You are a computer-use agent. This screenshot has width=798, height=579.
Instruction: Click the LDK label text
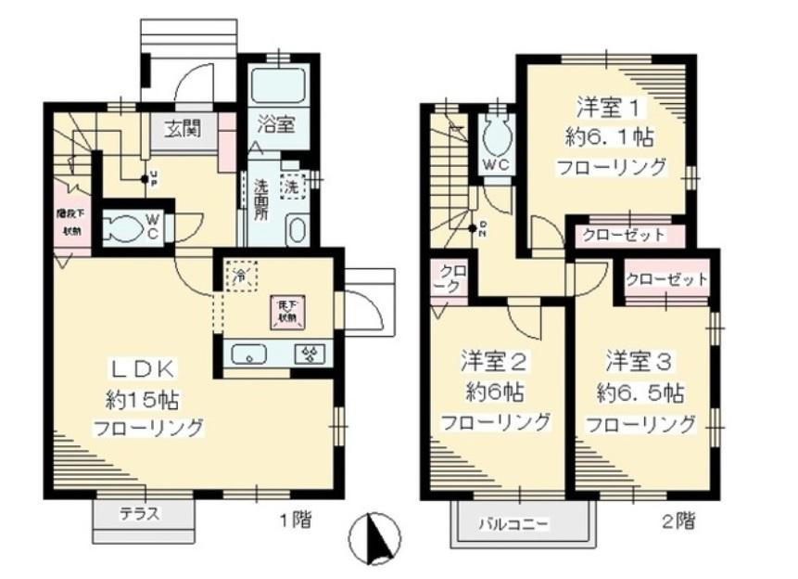(142, 367)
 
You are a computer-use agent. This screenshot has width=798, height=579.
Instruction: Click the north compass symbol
(375, 538)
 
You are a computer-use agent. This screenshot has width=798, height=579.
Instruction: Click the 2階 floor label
(678, 521)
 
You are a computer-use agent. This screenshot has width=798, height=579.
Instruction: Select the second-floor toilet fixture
(497, 139)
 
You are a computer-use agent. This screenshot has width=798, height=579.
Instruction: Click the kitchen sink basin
(249, 354)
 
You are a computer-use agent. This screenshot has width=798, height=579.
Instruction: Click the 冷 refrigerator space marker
(239, 276)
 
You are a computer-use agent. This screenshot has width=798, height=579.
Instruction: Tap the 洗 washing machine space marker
(291, 185)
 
